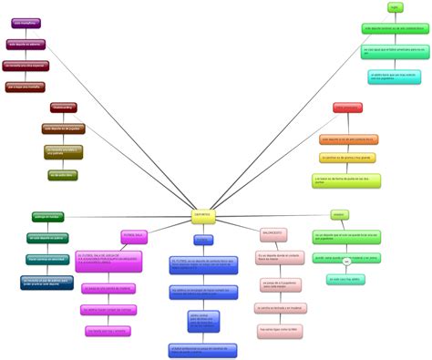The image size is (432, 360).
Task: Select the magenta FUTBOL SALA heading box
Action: [134, 236]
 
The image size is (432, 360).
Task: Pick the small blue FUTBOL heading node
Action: [202, 240]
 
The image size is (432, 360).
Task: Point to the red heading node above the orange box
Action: [347, 108]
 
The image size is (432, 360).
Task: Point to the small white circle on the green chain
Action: [346, 265]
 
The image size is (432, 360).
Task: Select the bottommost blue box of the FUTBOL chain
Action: [202, 349]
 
